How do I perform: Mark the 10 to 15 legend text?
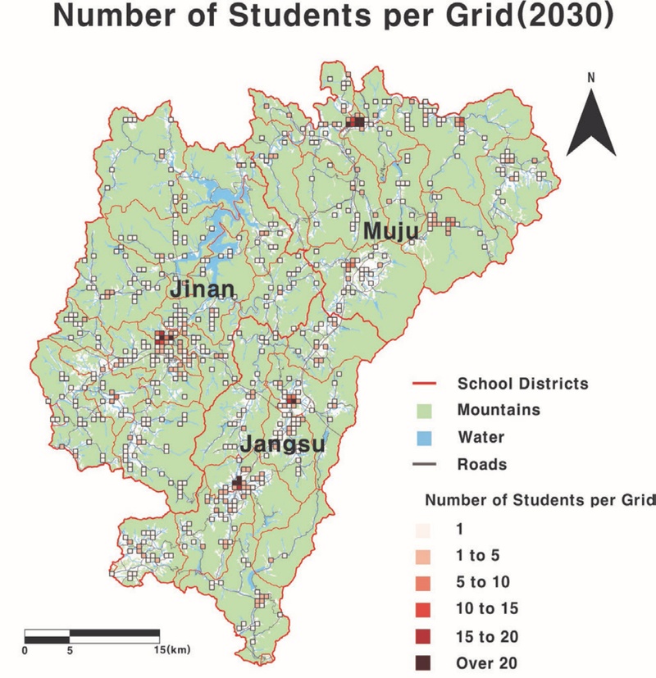coord(486,609)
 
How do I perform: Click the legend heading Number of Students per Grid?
coord(539,499)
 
